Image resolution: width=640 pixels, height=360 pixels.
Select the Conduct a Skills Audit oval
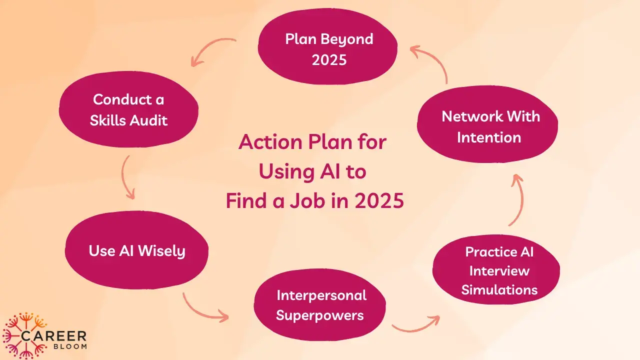pyautogui.click(x=128, y=110)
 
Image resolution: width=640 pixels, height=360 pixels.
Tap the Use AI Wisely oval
pyautogui.click(x=136, y=250)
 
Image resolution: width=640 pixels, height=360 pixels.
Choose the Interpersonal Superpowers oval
pyautogui.click(x=320, y=305)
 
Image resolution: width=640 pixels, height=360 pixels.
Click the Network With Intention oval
pyautogui.click(x=487, y=126)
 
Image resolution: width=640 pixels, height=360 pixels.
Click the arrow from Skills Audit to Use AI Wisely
pyautogui.click(x=127, y=178)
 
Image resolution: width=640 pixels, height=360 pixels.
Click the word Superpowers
pyautogui.click(x=319, y=315)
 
